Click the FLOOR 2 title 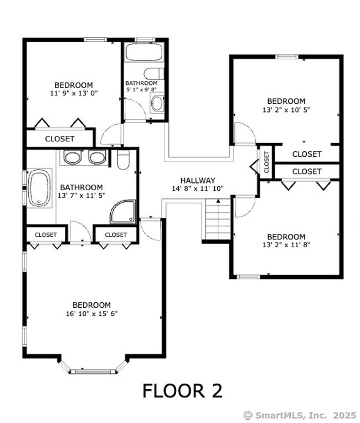(182, 391)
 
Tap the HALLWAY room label (198, 180)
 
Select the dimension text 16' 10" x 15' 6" (92, 313)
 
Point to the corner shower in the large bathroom (124, 212)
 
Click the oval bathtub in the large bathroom (39, 188)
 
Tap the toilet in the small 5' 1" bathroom (154, 74)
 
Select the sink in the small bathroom (157, 103)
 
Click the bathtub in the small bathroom (145, 52)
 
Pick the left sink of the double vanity (73, 157)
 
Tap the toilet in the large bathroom (124, 160)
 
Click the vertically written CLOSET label (266, 162)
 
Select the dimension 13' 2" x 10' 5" (286, 110)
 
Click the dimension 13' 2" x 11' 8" (286, 244)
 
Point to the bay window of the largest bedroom (93, 368)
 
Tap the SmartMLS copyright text (300, 415)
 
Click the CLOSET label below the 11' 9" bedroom (60, 139)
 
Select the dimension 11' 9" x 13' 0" (74, 93)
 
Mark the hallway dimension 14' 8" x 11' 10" (198, 188)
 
